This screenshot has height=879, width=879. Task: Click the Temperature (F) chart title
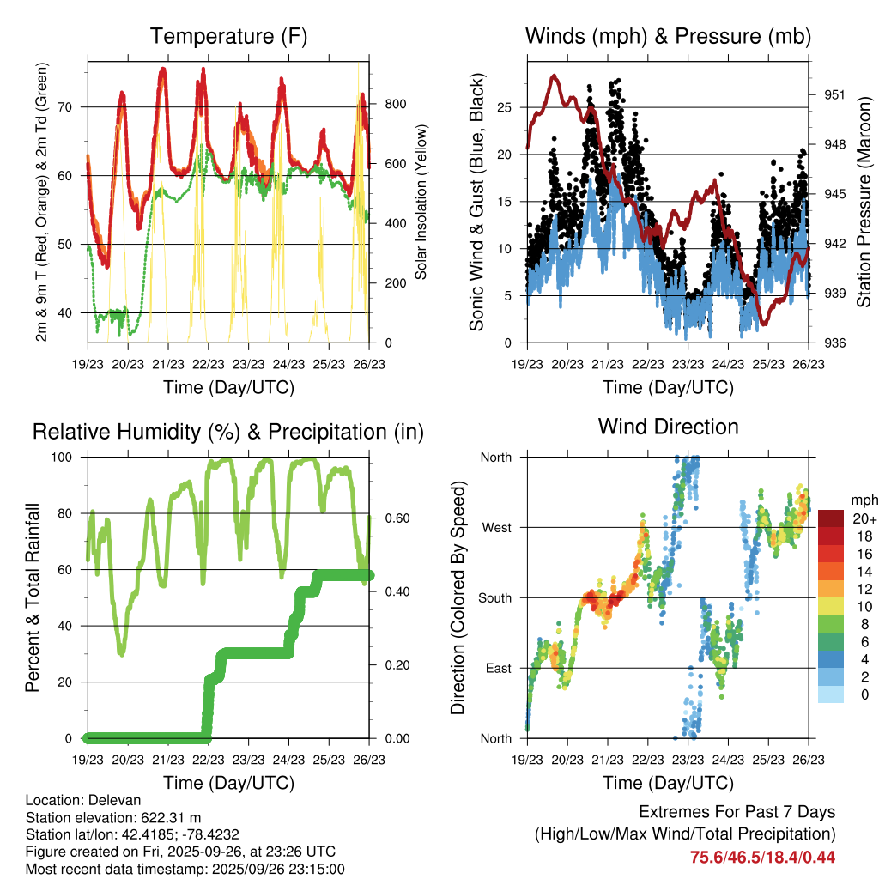coord(228,37)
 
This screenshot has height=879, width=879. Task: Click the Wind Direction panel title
coord(668,427)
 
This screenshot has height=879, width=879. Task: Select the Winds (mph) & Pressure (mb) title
coord(668,37)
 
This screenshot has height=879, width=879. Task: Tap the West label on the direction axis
coord(496,527)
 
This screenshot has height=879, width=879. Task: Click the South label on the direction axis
coord(494,597)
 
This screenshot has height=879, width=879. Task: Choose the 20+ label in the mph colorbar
coord(864,518)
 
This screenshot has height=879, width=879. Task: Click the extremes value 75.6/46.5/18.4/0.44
coord(762,857)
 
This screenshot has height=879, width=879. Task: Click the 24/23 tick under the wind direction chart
coord(728,759)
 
